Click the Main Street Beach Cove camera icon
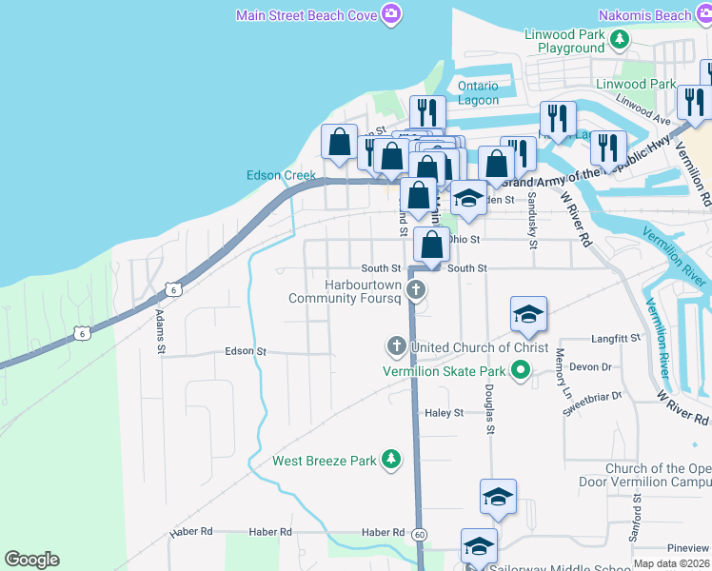click(390, 14)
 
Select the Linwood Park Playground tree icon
click(620, 39)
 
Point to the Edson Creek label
click(281, 175)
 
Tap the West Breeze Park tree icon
click(390, 461)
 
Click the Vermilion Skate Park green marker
click(521, 370)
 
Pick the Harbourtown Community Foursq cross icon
click(414, 289)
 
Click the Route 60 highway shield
click(419, 533)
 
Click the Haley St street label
click(444, 413)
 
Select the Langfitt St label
click(617, 338)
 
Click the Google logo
click(31, 560)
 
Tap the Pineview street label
click(687, 548)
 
